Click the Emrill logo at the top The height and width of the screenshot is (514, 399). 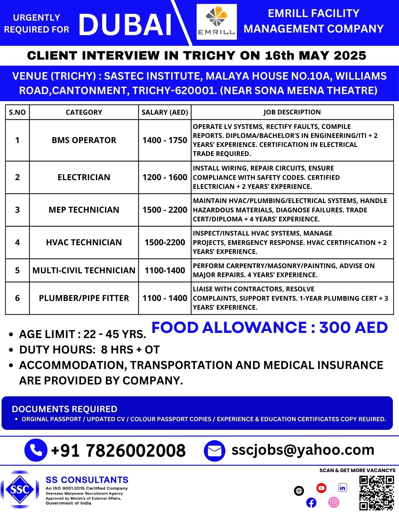(216, 22)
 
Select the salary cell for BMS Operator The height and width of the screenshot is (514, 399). (165, 140)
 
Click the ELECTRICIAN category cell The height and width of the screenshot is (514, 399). (84, 177)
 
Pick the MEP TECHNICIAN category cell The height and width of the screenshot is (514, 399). (84, 210)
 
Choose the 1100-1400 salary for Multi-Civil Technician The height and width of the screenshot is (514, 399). (165, 270)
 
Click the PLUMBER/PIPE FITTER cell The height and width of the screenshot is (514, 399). (84, 298)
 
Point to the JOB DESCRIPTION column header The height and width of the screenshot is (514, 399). (292, 112)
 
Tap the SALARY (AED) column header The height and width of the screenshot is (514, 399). (165, 112)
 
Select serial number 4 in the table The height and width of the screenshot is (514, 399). (17, 242)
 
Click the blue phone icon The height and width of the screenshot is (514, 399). (36, 450)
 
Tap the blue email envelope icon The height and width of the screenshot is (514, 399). (214, 451)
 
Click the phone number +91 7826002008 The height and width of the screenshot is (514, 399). (118, 451)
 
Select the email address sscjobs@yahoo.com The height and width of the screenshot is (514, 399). (303, 450)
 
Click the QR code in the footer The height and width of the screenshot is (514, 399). (376, 493)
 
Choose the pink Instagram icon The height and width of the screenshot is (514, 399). (334, 502)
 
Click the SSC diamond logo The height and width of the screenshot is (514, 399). (20, 490)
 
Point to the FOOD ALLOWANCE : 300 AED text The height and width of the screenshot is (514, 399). (269, 328)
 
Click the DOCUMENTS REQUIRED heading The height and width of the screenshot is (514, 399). (64, 409)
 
